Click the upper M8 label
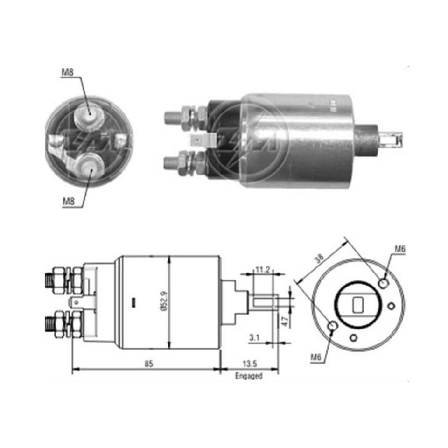pyautogui.click(x=68, y=72)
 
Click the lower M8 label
pyautogui.click(x=68, y=202)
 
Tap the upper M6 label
pyautogui.click(x=399, y=249)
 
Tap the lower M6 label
pyautogui.click(x=316, y=357)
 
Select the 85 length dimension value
pyautogui.click(x=148, y=363)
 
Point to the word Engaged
pyautogui.click(x=249, y=376)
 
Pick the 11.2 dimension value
pyautogui.click(x=262, y=269)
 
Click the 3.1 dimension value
pyautogui.click(x=254, y=336)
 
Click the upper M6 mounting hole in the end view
pyautogui.click(x=384, y=283)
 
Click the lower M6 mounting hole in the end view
pyautogui.click(x=333, y=326)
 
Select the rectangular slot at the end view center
pyautogui.click(x=358, y=305)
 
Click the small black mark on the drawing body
pyautogui.click(x=133, y=302)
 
